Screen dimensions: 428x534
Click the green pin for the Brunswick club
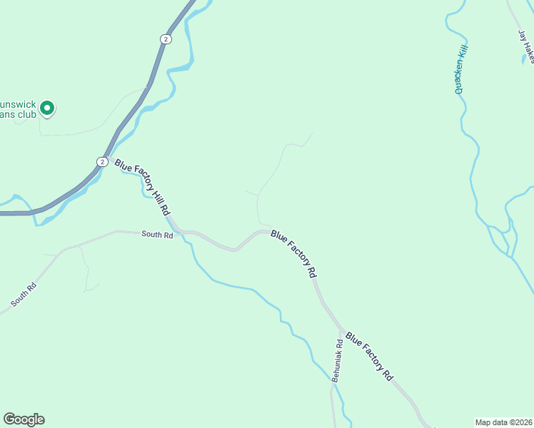pyautogui.click(x=47, y=108)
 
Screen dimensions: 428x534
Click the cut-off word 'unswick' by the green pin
pyautogui.click(x=18, y=102)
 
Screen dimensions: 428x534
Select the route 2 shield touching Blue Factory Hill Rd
pyautogui.click(x=103, y=162)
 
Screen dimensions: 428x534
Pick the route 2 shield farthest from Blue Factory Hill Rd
pyautogui.click(x=166, y=39)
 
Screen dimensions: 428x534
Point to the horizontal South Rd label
pyautogui.click(x=157, y=234)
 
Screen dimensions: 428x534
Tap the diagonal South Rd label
pyautogui.click(x=24, y=295)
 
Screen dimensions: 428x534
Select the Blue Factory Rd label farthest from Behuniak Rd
pyautogui.click(x=293, y=253)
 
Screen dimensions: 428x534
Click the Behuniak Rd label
pyautogui.click(x=338, y=361)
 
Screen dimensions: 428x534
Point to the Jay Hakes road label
pyautogui.click(x=527, y=44)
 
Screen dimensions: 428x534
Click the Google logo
pyautogui.click(x=24, y=419)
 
